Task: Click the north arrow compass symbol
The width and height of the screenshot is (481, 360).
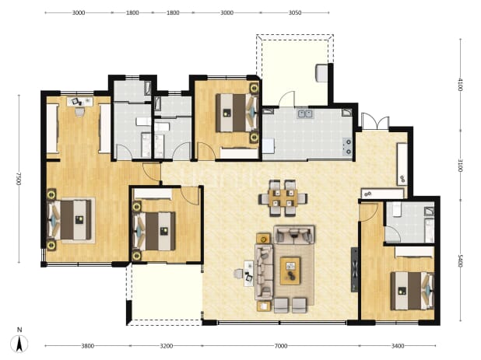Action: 19,343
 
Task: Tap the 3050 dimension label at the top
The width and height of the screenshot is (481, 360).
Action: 295,13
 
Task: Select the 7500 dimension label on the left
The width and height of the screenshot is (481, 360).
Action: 19,179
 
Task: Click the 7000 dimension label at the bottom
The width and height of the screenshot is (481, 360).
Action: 281,346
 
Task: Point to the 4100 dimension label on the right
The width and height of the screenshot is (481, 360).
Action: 460,85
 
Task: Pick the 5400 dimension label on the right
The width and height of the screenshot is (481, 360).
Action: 460,260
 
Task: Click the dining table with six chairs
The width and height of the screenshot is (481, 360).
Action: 283,198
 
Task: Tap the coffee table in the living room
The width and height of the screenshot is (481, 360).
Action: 290,271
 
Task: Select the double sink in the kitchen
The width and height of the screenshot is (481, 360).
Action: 305,114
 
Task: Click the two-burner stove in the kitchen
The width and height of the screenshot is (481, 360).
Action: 348,146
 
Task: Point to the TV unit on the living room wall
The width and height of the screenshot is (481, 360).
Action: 355,270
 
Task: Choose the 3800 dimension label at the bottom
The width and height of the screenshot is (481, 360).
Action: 87,346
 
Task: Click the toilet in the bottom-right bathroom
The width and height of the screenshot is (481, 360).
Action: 396,210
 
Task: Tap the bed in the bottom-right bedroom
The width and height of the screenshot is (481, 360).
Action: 412,291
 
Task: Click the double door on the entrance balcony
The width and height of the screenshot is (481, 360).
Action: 375,121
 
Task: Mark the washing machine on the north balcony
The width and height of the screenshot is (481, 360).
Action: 321,72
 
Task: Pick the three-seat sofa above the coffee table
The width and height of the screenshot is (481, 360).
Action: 294,235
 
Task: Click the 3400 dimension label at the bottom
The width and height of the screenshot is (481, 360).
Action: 398,346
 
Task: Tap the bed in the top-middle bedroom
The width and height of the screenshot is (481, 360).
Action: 237,113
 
